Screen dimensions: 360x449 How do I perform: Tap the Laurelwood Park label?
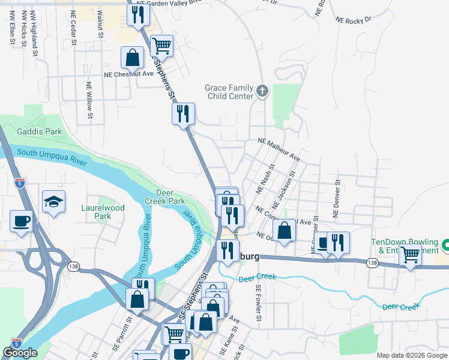(103, 212)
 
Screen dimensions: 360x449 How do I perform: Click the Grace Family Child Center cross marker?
(262, 91)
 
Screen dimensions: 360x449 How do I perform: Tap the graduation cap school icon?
(53, 202)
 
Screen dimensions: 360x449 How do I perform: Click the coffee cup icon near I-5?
(21, 221)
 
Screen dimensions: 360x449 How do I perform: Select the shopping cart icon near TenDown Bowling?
(410, 254)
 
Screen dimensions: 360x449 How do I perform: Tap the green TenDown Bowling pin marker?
(445, 245)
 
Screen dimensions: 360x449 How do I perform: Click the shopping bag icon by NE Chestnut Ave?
(133, 58)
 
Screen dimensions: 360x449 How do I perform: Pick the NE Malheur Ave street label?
(279, 149)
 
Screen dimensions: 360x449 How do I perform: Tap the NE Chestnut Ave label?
(129, 74)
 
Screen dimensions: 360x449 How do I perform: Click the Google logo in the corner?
(20, 353)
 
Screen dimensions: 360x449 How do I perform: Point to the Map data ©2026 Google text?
(411, 355)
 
